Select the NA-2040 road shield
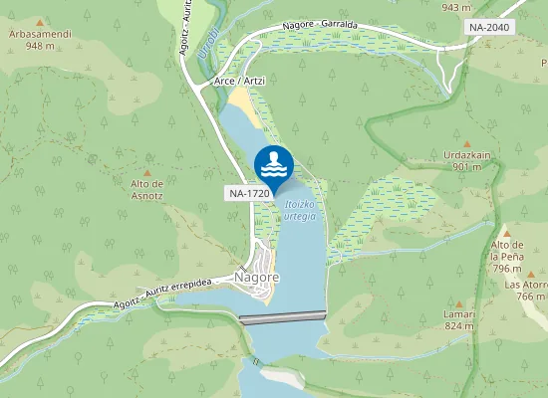point(491,27)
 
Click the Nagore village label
point(256,277)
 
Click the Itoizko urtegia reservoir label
point(299,210)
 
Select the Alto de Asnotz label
point(146,189)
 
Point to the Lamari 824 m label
point(459,319)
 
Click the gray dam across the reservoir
point(283,318)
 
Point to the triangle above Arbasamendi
point(40,22)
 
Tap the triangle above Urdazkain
point(467,143)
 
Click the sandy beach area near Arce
point(246,107)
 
